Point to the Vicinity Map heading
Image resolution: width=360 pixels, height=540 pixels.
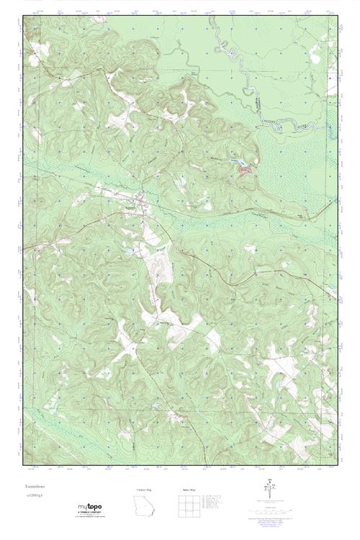point(145,489)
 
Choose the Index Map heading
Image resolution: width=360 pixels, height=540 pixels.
point(189,489)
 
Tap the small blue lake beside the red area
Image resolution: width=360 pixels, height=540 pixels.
point(235,162)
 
